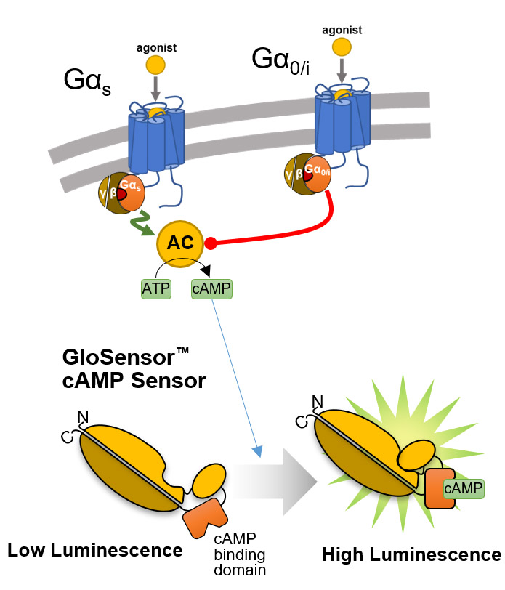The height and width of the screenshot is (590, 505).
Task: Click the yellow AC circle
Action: pyautogui.click(x=178, y=243)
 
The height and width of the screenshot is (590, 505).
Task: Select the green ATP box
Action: pyautogui.click(x=155, y=290)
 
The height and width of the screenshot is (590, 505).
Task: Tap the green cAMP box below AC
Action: pyautogui.click(x=211, y=290)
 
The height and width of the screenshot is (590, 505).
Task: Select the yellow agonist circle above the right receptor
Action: pyautogui.click(x=343, y=48)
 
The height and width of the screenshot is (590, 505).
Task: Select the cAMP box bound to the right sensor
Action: pyautogui.click(x=463, y=488)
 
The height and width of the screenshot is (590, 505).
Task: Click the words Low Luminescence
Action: pyautogui.click(x=94, y=551)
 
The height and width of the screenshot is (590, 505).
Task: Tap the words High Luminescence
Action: pyautogui.click(x=411, y=556)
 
